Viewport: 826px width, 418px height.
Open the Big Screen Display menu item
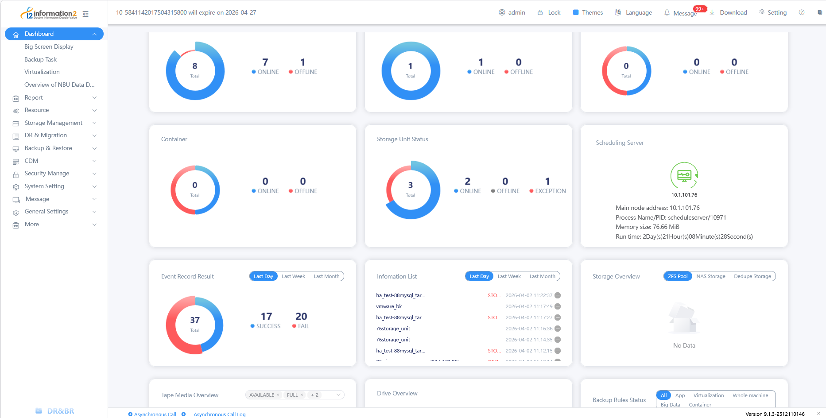point(49,46)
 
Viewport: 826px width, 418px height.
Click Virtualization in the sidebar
point(42,72)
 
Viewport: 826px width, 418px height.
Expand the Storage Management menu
point(54,123)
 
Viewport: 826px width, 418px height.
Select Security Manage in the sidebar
point(47,173)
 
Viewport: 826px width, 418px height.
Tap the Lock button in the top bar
point(549,12)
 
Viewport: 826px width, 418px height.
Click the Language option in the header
point(634,12)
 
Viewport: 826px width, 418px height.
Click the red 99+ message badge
point(700,9)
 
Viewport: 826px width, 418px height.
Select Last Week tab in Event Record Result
point(293,276)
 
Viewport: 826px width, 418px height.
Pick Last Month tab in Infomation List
point(542,276)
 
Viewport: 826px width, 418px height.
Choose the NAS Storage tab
point(710,276)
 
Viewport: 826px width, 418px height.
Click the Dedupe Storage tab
point(752,276)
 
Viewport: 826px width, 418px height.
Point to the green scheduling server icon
point(684,175)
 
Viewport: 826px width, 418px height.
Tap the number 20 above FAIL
point(301,316)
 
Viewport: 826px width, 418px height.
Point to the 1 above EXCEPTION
point(547,181)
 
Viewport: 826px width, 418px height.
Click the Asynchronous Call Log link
point(219,414)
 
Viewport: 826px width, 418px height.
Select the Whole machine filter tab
point(750,395)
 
